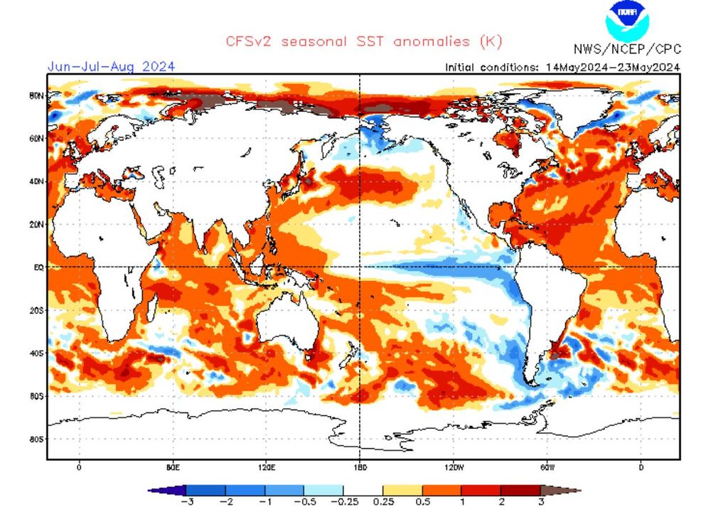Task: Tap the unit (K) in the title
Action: pyautogui.click(x=491, y=41)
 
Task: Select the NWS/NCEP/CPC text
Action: pyautogui.click(x=627, y=49)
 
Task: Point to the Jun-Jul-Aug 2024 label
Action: pyautogui.click(x=111, y=67)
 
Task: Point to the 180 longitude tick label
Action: pyautogui.click(x=360, y=467)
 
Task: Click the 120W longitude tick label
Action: pyautogui.click(x=453, y=467)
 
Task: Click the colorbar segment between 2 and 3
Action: pyautogui.click(x=520, y=490)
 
